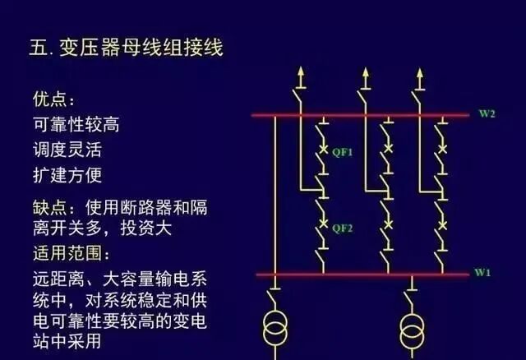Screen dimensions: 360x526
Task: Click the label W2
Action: pyautogui.click(x=487, y=113)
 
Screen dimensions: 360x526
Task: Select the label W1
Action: pyautogui.click(x=482, y=272)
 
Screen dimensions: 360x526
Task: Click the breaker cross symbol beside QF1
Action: pyautogui.click(x=323, y=150)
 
